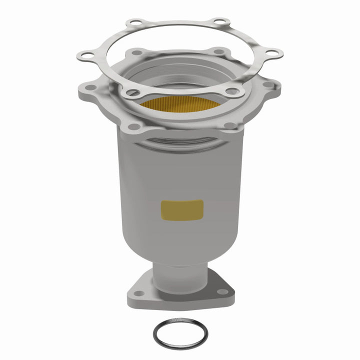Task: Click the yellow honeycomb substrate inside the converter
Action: [180, 102]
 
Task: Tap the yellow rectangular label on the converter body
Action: [182, 209]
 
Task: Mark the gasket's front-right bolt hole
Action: [233, 91]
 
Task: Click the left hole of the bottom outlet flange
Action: [138, 293]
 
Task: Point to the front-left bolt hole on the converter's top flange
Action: [133, 126]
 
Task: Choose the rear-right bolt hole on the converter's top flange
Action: [218, 51]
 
